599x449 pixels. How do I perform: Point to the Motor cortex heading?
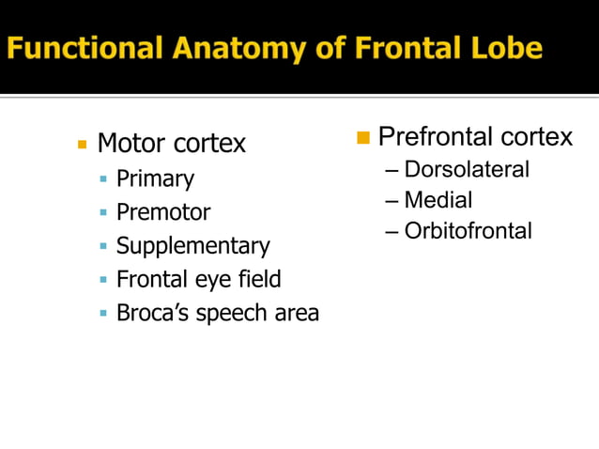pyautogui.click(x=171, y=144)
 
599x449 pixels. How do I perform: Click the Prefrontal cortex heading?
pyautogui.click(x=475, y=138)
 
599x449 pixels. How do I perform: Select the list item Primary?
pyautogui.click(x=155, y=178)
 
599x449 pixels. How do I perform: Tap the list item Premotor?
pyautogui.click(x=163, y=212)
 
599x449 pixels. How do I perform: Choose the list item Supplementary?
pyautogui.click(x=192, y=246)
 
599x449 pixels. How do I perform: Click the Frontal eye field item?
pyautogui.click(x=198, y=279)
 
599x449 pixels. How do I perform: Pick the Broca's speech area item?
pyautogui.click(x=217, y=313)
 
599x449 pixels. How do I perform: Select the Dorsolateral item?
pyautogui.click(x=467, y=170)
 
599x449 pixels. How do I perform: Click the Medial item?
pyautogui.click(x=438, y=200)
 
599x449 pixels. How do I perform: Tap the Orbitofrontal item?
pyautogui.click(x=468, y=230)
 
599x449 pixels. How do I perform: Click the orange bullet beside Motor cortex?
pyautogui.click(x=82, y=145)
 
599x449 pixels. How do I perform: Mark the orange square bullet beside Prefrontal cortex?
pyautogui.click(x=364, y=139)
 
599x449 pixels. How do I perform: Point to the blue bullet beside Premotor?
pyautogui.click(x=103, y=213)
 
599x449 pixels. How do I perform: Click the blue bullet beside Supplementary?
pyautogui.click(x=103, y=247)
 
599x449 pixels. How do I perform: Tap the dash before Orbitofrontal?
pyautogui.click(x=392, y=231)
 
